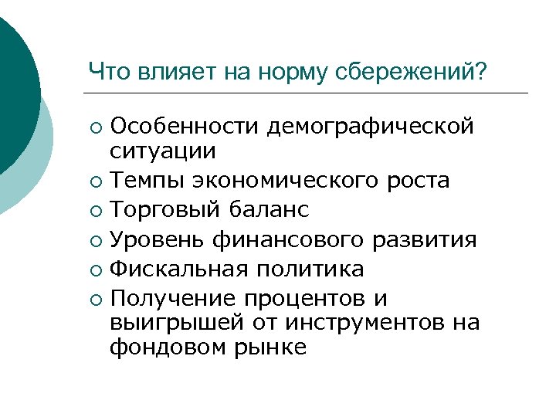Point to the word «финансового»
coord(282,240)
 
